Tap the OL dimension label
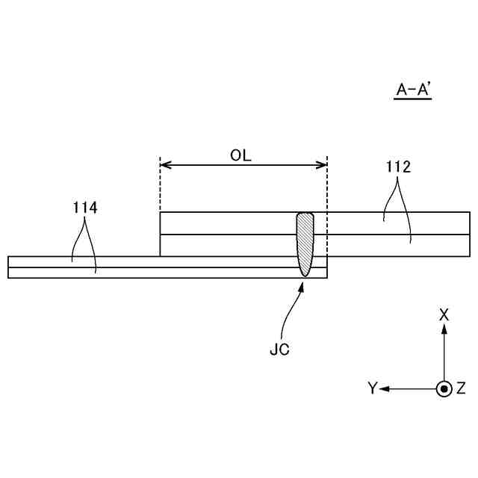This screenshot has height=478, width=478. pos(241,155)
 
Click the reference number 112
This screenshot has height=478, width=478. pos(398,167)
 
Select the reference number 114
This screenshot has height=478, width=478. pos(85,208)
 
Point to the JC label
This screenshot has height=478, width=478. pos(279,349)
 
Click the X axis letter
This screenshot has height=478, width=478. pos(444,314)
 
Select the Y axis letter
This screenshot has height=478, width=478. pos(372,388)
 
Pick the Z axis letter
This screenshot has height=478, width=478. pos(461,388)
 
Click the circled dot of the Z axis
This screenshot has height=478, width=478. pos(444,388)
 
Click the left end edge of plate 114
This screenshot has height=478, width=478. pos(8,267)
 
